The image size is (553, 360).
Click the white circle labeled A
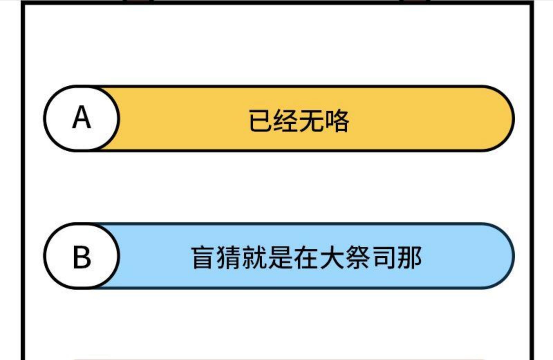click(82, 118)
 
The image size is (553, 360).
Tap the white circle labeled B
click(82, 256)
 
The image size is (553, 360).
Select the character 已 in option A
click(261, 121)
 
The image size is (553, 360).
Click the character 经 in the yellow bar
click(286, 121)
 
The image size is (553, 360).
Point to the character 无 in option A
click(311, 121)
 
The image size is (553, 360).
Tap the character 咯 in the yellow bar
click(337, 121)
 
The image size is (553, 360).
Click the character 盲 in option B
click(203, 257)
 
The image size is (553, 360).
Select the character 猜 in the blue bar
click(228, 257)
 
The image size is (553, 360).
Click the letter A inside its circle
click(82, 117)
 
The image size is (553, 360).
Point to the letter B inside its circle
click(82, 257)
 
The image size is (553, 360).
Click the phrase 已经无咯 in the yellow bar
click(299, 121)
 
